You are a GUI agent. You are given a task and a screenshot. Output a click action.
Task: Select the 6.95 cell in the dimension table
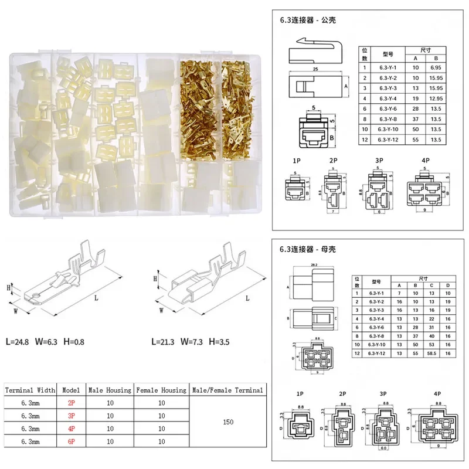click(435, 68)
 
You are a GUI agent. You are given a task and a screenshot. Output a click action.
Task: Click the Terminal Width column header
click(30, 389)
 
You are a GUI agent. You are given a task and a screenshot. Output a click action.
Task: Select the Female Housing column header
click(161, 389)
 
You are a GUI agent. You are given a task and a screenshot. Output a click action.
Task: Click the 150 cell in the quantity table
click(227, 421)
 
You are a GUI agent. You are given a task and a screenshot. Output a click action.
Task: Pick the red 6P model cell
click(71, 441)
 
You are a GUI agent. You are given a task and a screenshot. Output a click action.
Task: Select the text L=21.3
click(165, 341)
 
